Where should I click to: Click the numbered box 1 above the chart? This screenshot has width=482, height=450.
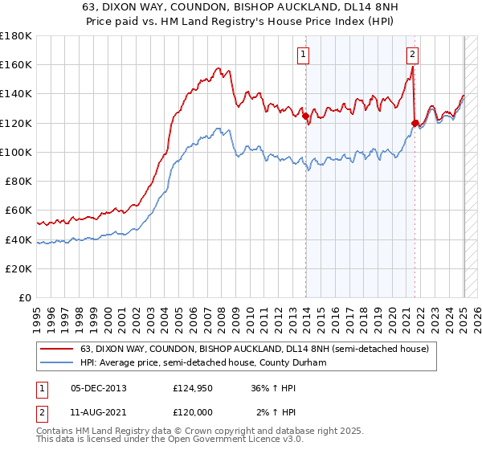click(x=304, y=55)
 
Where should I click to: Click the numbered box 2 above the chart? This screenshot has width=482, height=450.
click(x=412, y=55)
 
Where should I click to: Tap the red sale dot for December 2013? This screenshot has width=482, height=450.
click(x=306, y=116)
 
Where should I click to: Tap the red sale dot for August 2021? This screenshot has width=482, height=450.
click(x=415, y=123)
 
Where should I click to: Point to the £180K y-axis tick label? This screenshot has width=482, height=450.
click(x=16, y=36)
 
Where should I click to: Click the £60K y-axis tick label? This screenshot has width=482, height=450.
click(x=19, y=211)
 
